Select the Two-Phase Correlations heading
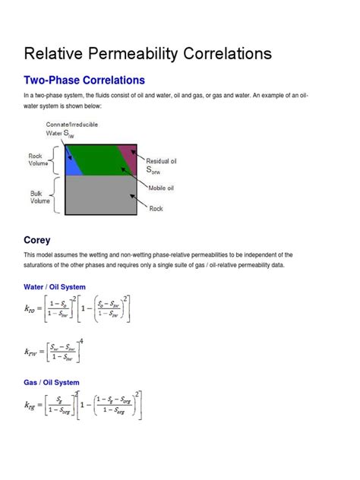[84, 80]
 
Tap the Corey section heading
[37, 240]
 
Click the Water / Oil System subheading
[55, 287]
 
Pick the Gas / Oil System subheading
[52, 383]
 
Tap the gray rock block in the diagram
[101, 194]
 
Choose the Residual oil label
[166, 161]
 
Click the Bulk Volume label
[40, 197]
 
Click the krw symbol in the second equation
[33, 351]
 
